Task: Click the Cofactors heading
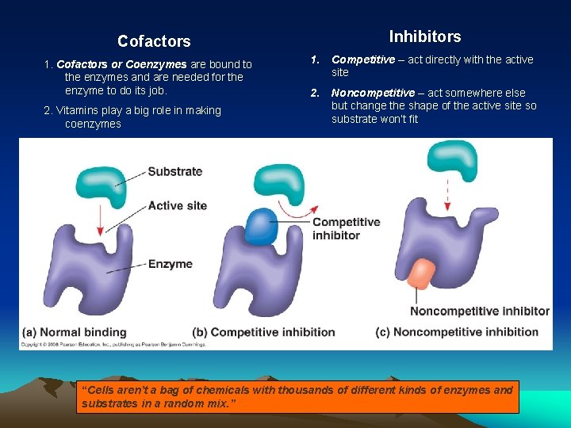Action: click(154, 41)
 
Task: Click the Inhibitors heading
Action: click(424, 36)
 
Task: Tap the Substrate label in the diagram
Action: click(174, 171)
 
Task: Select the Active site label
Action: click(177, 205)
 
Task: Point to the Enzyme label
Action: click(170, 264)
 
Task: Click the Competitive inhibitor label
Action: click(346, 228)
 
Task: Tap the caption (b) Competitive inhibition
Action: click(263, 332)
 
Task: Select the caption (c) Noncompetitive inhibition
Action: click(458, 332)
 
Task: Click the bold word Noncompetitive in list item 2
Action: click(373, 93)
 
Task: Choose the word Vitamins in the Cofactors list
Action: click(79, 110)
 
